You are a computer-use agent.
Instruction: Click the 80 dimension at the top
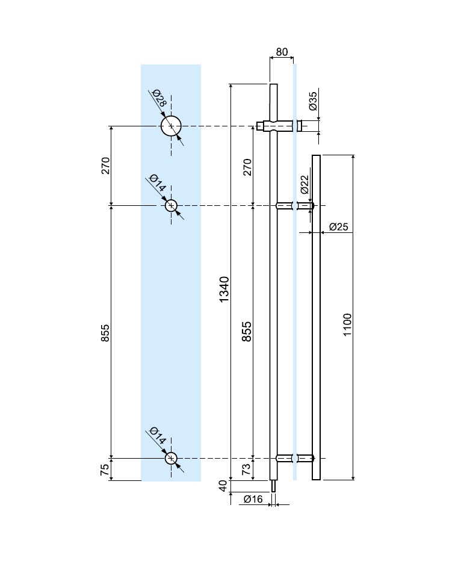coord(281,52)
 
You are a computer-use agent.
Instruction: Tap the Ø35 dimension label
coord(312,101)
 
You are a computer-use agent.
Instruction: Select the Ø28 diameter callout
coord(158,98)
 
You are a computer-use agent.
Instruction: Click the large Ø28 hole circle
coord(171,126)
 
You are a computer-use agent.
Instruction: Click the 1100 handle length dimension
coord(348,324)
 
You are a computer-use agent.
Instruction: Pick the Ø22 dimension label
coord(305,184)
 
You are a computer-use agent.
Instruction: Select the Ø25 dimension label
coord(339,227)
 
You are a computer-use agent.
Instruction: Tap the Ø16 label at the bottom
coord(253,498)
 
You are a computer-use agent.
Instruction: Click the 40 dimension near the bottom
coord(224,486)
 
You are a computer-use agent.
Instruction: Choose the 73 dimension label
coord(246,470)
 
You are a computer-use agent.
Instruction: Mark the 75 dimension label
coord(105,470)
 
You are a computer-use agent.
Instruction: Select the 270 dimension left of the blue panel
coord(105,166)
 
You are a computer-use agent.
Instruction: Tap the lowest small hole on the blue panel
coord(172,458)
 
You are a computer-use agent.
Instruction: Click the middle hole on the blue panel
coord(172,206)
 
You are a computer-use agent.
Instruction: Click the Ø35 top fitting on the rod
coord(279,126)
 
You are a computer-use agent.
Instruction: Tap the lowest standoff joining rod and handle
coord(294,458)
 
